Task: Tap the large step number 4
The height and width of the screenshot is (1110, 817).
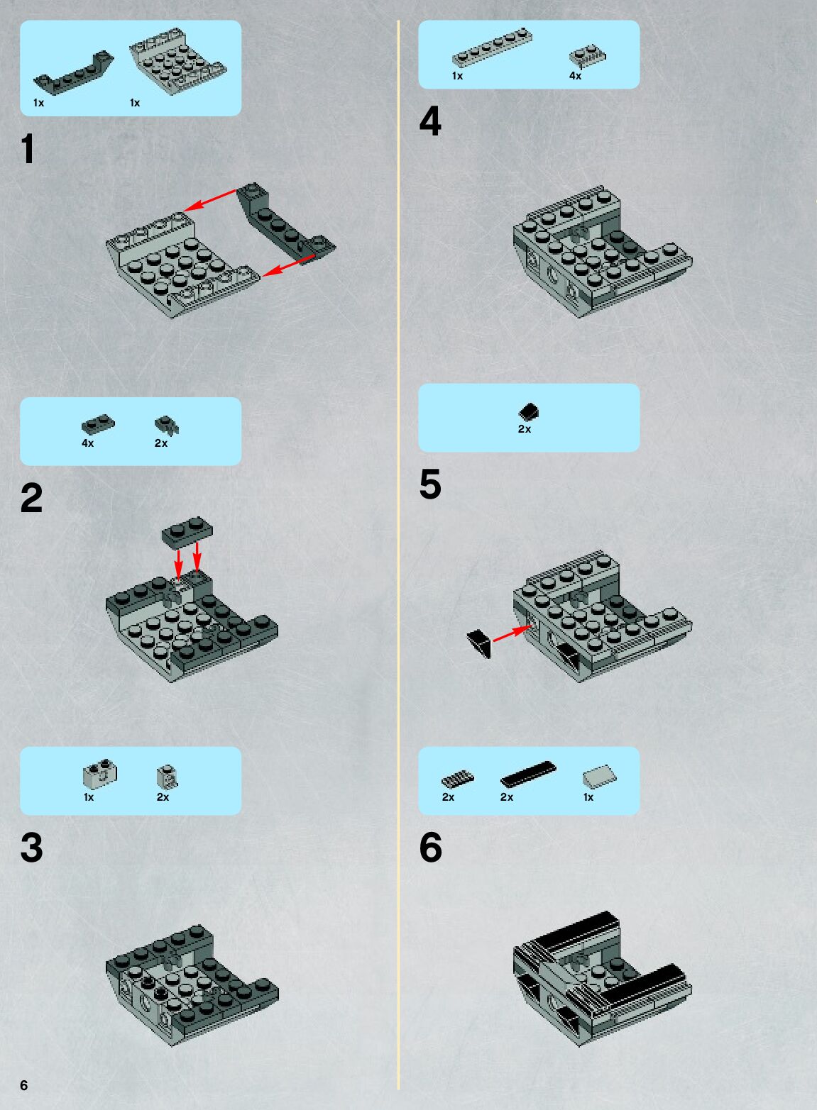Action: click(430, 121)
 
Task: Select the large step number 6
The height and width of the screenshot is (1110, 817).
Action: click(430, 848)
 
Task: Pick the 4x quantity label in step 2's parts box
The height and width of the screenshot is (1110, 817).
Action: click(88, 443)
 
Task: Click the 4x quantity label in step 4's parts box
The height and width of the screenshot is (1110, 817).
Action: click(576, 76)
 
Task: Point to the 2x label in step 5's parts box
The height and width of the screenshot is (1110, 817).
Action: click(525, 429)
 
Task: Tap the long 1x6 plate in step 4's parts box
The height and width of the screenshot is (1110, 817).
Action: click(492, 48)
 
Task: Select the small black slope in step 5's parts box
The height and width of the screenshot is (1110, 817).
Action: click(529, 411)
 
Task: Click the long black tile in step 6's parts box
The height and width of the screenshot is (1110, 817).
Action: click(528, 774)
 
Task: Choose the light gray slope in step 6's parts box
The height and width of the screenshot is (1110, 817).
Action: click(599, 775)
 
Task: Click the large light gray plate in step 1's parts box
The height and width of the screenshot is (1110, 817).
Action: click(177, 61)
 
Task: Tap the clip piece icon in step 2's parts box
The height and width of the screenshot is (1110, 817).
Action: click(167, 426)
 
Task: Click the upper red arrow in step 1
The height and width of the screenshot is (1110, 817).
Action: click(209, 200)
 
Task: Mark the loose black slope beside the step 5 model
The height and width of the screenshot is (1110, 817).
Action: click(479, 644)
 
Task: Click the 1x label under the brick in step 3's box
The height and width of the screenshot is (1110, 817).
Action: click(89, 797)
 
